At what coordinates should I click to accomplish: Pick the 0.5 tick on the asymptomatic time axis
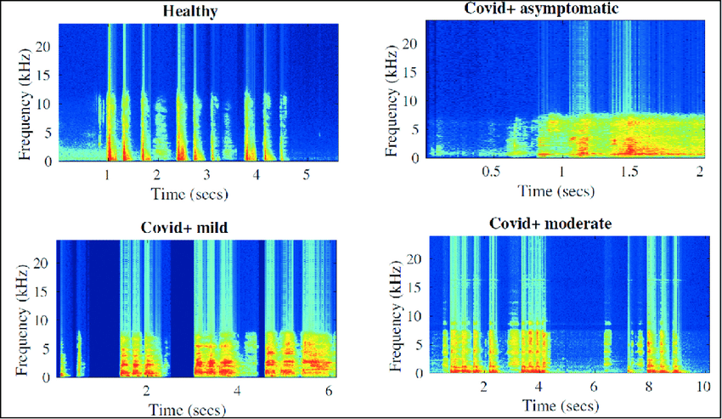[x=490, y=171]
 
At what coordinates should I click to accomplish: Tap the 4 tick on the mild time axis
[x=237, y=391]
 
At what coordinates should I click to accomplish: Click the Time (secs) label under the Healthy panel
[x=189, y=194]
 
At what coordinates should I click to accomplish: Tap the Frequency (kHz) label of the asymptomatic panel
[x=391, y=100]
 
